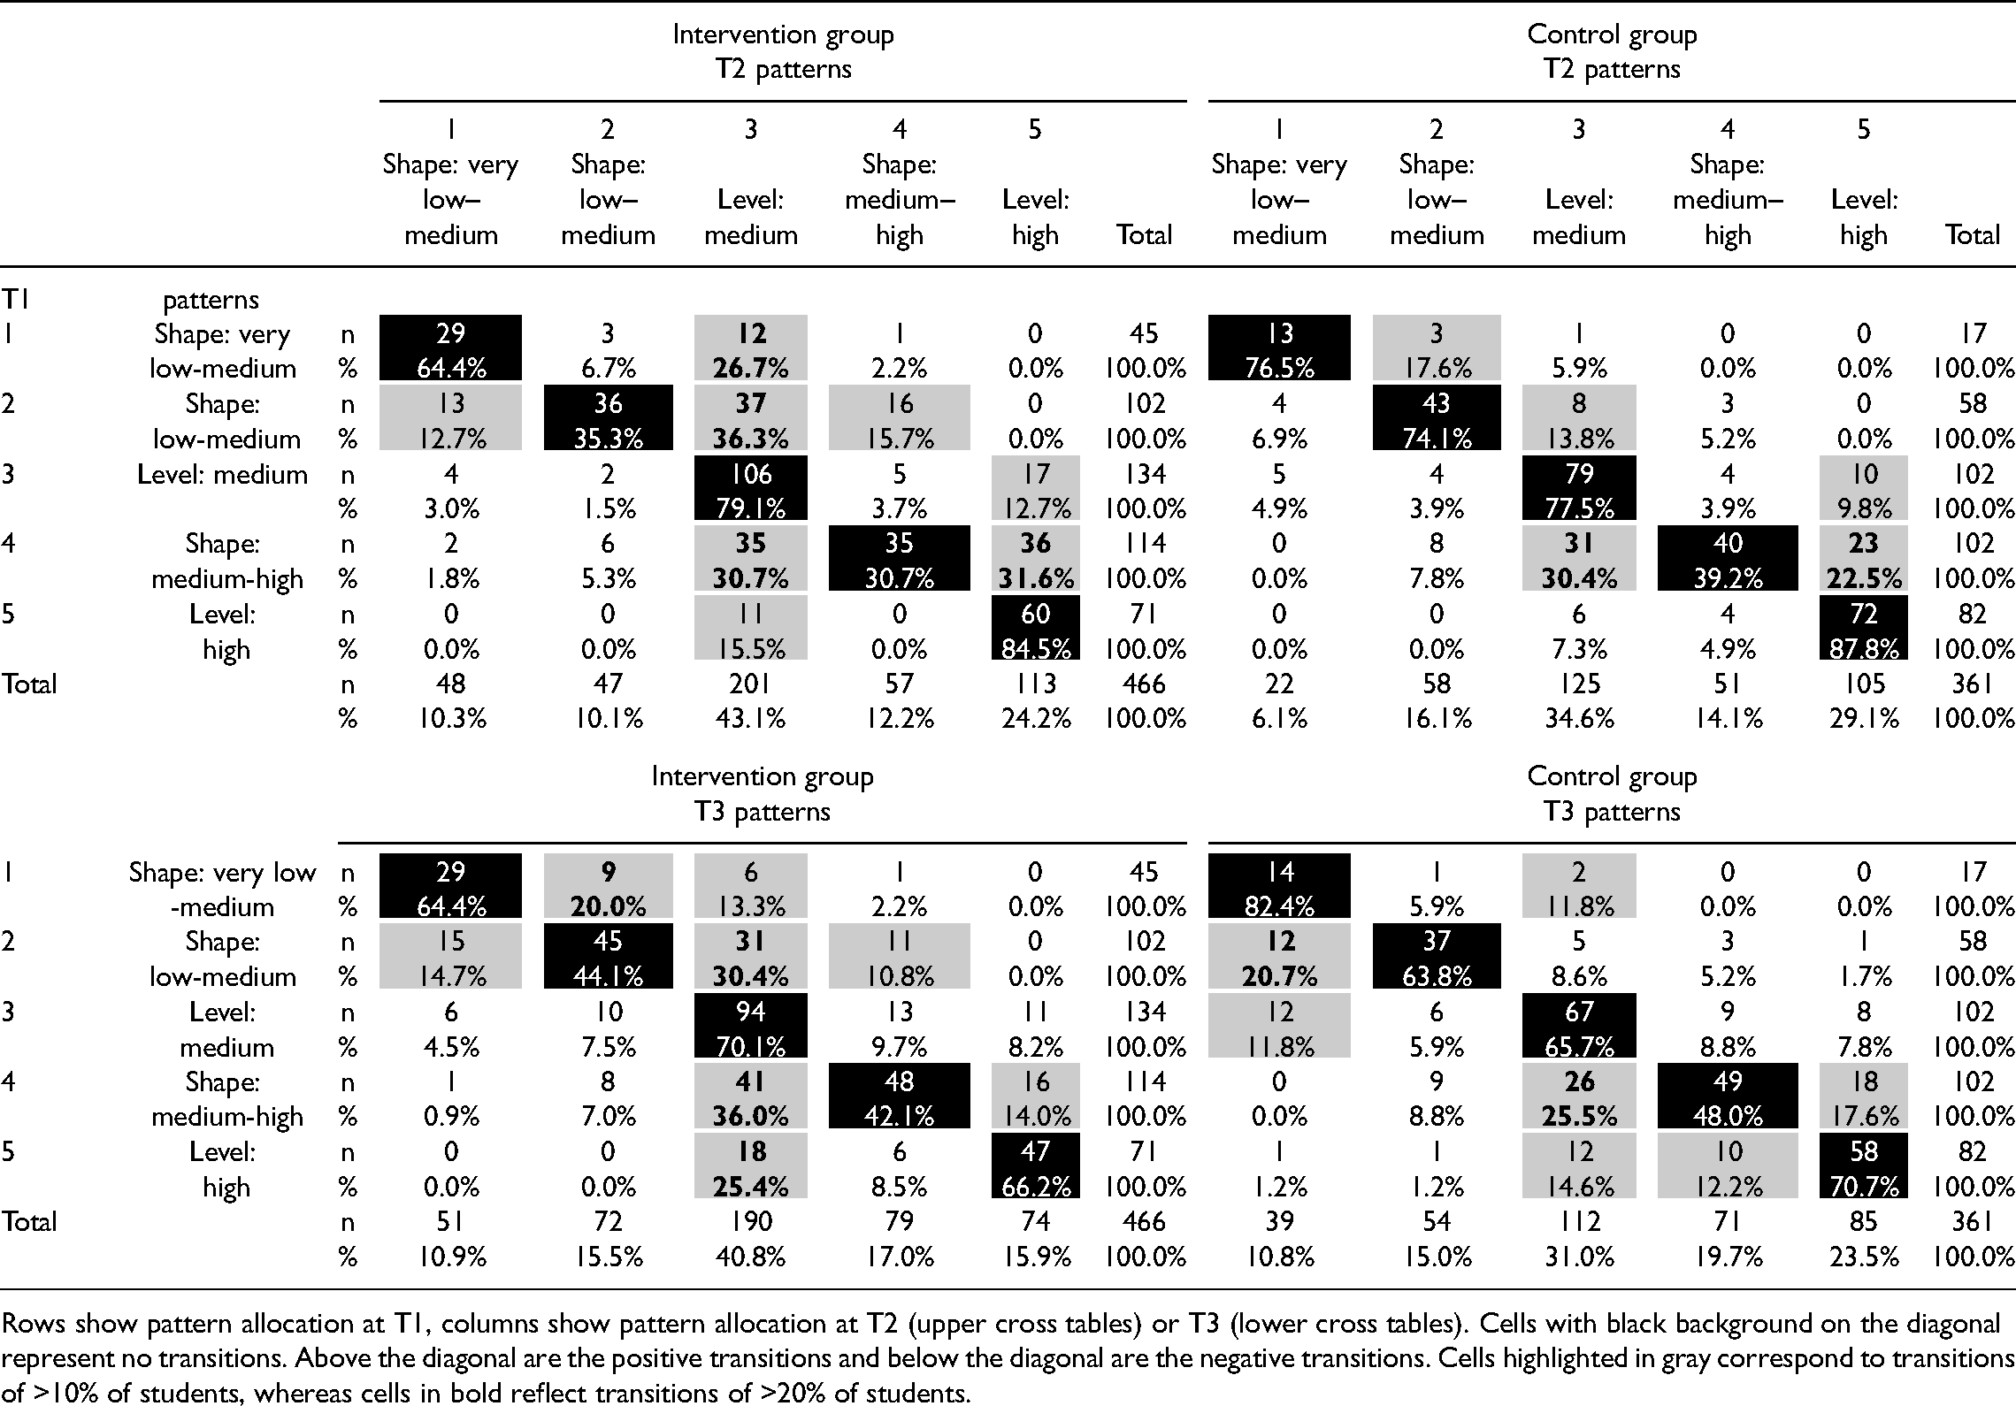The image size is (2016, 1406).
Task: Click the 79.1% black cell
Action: tap(750, 508)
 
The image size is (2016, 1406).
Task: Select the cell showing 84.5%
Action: tap(1035, 649)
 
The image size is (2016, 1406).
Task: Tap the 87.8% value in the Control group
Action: tap(1863, 649)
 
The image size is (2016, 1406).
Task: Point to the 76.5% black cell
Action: tap(1279, 368)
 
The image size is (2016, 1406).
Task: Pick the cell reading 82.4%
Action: tap(1279, 906)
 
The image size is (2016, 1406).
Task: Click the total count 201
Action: tap(750, 684)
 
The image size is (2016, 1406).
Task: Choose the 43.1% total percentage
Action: tap(750, 719)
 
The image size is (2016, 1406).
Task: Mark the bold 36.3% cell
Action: tap(750, 439)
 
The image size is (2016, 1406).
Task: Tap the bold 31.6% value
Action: tap(1035, 578)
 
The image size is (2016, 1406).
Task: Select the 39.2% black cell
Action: tap(1727, 578)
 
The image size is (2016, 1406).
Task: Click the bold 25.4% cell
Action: tap(750, 1187)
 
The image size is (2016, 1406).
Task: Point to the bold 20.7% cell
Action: tap(1279, 976)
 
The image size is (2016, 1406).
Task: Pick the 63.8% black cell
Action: tap(1436, 976)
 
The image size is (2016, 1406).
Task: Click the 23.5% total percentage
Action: tap(1863, 1257)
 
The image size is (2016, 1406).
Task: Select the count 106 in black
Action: tap(750, 474)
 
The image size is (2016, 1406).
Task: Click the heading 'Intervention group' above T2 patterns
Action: tap(783, 34)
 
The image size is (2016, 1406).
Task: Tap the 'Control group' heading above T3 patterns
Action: tap(1612, 776)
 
